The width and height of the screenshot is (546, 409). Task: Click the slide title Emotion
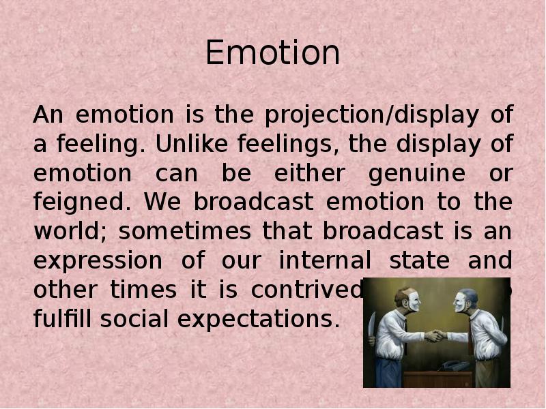pos(272,53)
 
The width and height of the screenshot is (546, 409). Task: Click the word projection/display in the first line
pos(371,116)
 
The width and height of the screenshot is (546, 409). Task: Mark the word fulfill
pos(60,318)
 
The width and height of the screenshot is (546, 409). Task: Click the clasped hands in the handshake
pos(435,335)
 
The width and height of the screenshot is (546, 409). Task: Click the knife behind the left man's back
pos(372,325)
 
